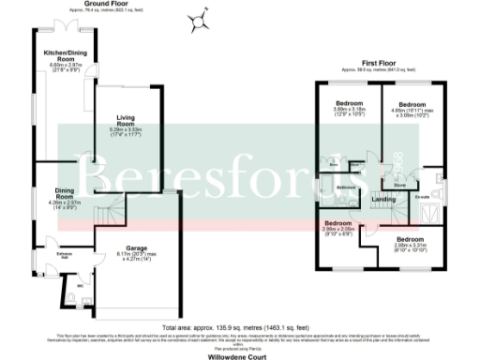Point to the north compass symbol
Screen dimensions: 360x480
point(198,20)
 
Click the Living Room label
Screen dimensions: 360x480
point(127,123)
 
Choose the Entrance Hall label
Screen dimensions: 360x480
point(39,255)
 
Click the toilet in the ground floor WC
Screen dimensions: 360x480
point(74,299)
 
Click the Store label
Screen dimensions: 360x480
point(398,186)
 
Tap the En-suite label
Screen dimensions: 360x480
point(423,197)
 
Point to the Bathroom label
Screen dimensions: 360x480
point(347,187)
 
